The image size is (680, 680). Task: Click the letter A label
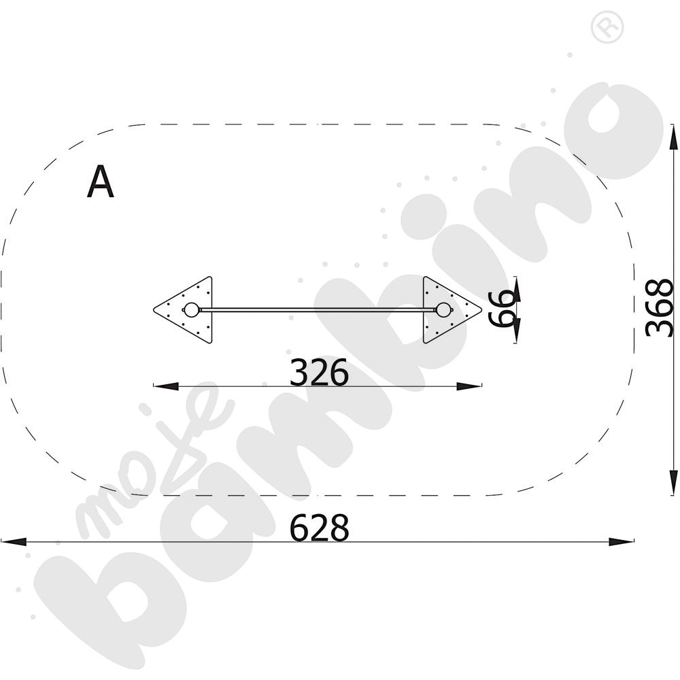[101, 182]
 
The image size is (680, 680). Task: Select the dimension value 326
[319, 372]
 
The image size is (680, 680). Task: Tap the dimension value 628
[319, 528]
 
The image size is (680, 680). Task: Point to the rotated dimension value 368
[659, 307]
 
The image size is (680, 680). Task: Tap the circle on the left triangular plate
[191, 310]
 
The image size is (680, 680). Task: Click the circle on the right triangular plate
[443, 310]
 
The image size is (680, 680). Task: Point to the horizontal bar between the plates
[318, 310]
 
